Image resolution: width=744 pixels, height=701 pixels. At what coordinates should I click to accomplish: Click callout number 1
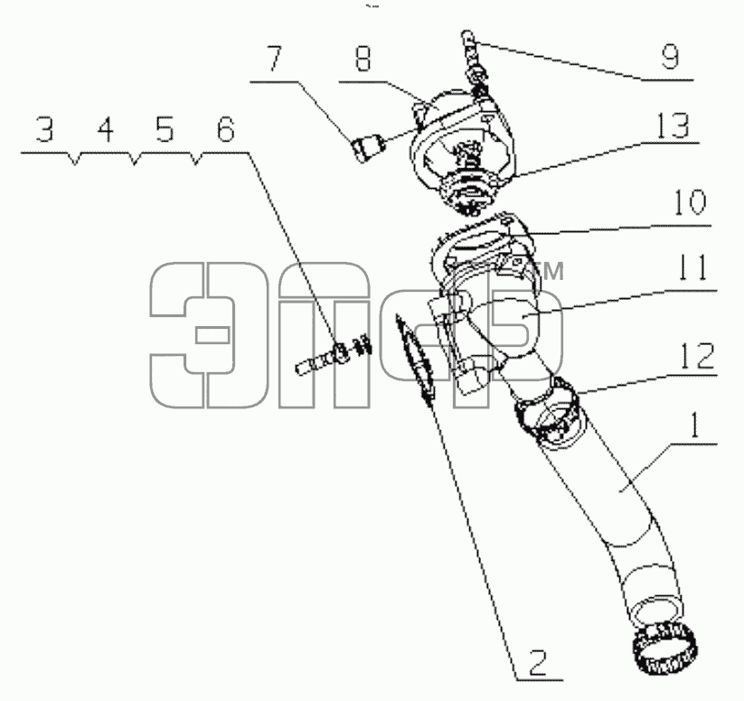tap(693, 425)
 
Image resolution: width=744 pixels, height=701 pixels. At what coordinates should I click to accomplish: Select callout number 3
tap(45, 129)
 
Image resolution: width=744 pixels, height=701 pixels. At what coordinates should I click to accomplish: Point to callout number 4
tap(106, 129)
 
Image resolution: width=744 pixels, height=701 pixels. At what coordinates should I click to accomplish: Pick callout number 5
tap(165, 129)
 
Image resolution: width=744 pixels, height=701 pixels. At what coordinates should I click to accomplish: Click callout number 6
tap(225, 129)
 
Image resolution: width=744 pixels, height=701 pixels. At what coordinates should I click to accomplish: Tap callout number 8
tap(363, 59)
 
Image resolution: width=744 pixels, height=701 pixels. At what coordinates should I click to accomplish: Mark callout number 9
tap(670, 57)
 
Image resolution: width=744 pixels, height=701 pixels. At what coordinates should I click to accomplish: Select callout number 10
tap(690, 201)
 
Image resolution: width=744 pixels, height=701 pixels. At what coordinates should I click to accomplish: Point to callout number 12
tap(697, 355)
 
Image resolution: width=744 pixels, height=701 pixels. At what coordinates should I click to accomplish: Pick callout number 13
tap(673, 126)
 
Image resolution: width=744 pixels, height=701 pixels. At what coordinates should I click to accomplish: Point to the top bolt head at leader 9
tap(467, 35)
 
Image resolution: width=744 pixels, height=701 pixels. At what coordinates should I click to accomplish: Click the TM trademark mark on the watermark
tap(551, 271)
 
